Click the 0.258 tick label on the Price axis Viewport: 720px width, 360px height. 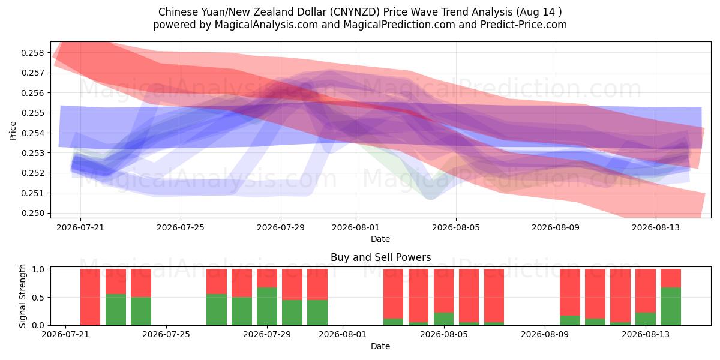[32, 53]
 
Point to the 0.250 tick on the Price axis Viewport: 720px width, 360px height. [32, 213]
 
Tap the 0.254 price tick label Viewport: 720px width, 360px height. [32, 133]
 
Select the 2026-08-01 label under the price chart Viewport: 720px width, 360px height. [356, 227]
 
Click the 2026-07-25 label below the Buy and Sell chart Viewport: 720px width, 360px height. [166, 334]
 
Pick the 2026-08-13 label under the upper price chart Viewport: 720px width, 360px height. [656, 227]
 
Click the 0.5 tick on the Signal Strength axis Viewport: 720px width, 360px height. [38, 298]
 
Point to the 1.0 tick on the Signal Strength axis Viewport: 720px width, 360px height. [38, 269]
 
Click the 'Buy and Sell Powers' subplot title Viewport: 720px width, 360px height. [380, 257]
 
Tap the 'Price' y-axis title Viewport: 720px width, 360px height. [13, 131]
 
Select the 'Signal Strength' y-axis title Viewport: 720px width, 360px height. [22, 296]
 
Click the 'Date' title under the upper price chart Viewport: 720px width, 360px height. [380, 239]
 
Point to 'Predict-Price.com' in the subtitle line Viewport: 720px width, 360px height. [524, 25]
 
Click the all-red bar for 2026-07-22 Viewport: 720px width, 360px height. [91, 297]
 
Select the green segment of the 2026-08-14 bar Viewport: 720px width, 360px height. [671, 307]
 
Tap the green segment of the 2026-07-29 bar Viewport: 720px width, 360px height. [267, 307]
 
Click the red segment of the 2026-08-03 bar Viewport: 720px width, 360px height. [393, 294]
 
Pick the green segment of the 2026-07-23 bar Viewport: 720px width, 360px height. [116, 310]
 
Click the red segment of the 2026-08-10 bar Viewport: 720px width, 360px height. [570, 292]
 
